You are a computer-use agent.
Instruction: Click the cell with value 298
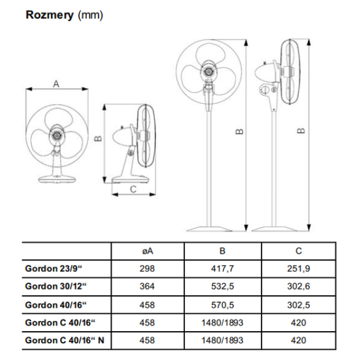click(147, 269)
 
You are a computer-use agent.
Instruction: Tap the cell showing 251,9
click(299, 269)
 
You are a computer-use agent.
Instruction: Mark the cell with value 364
click(147, 287)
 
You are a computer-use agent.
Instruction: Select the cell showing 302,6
click(299, 287)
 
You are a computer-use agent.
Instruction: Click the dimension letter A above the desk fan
click(56, 84)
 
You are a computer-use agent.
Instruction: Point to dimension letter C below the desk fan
click(133, 189)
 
